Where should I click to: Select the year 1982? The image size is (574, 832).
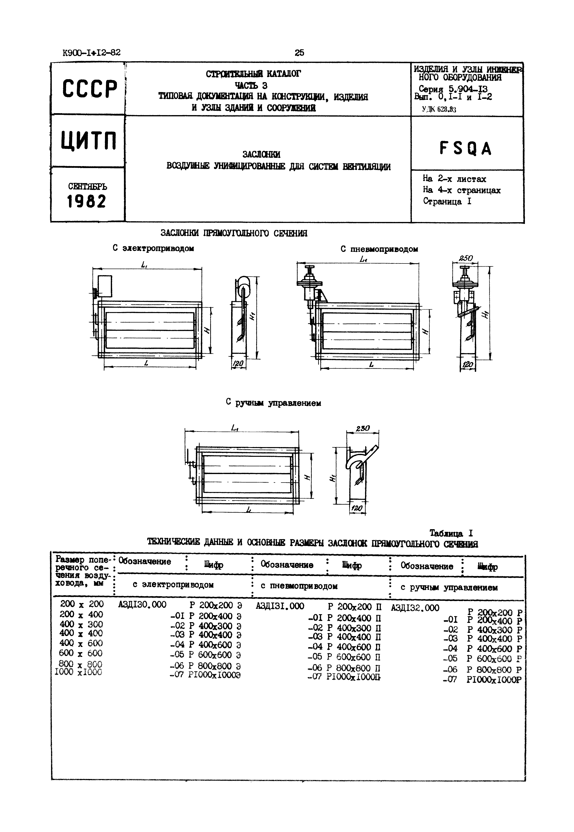pyautogui.click(x=87, y=201)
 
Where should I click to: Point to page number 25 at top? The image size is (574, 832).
pyautogui.click(x=299, y=53)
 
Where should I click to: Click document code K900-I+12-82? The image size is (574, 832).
pyautogui.click(x=91, y=53)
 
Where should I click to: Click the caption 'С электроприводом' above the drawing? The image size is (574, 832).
pyautogui.click(x=153, y=248)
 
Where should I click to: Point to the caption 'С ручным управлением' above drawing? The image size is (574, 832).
pyautogui.click(x=273, y=403)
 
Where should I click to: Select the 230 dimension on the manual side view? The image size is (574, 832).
pyautogui.click(x=363, y=428)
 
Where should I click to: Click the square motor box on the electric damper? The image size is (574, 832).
pyautogui.click(x=105, y=286)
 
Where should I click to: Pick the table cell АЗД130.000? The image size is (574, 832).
pyautogui.click(x=142, y=604)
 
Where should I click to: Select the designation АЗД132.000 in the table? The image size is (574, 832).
pyautogui.click(x=415, y=608)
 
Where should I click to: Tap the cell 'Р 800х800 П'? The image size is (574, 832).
pyautogui.click(x=354, y=668)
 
